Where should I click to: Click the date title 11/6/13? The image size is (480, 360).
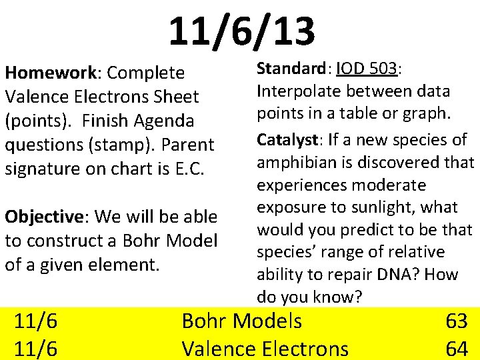pos(241,32)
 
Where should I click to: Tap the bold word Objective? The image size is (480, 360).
pos(43,217)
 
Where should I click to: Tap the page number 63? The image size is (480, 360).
pos(456,321)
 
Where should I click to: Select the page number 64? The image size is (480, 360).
pos(456,348)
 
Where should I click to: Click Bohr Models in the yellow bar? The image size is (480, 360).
pos(241,321)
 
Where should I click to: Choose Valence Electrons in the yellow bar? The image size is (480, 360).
pos(265,348)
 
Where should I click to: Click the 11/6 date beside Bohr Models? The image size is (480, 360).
pos(36,321)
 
